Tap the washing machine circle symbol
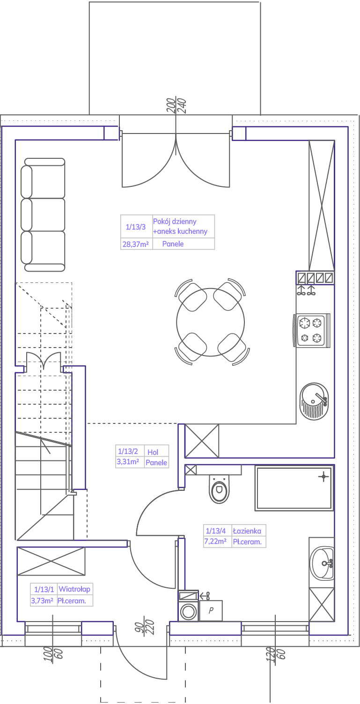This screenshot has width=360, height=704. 189,611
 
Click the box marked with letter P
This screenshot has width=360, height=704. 211,611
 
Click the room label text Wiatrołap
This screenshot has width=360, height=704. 74,589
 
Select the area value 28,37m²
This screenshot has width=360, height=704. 135,244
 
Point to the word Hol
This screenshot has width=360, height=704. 153,452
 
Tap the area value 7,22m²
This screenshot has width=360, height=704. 215,541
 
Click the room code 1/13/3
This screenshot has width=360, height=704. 136,227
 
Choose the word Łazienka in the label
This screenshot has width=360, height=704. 247,531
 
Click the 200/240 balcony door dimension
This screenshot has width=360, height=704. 176,105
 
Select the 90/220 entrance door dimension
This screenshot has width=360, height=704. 145,627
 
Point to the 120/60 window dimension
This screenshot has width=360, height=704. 275,654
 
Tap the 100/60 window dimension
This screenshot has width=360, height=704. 53,654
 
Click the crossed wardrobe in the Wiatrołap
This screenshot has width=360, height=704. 51,561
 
